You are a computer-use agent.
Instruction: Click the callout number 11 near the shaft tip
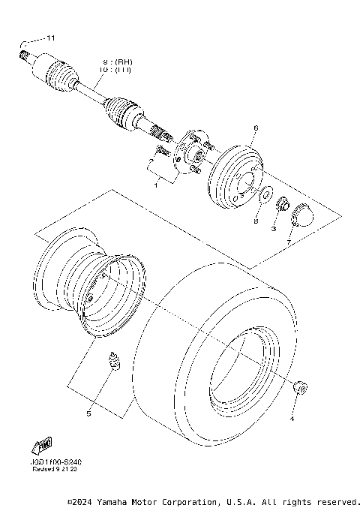[x=51, y=38]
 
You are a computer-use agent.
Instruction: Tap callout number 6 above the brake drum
[x=255, y=128]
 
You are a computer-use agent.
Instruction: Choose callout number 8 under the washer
[x=255, y=221]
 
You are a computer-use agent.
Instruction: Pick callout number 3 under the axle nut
[x=274, y=227]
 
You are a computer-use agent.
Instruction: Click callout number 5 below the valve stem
[x=88, y=413]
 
